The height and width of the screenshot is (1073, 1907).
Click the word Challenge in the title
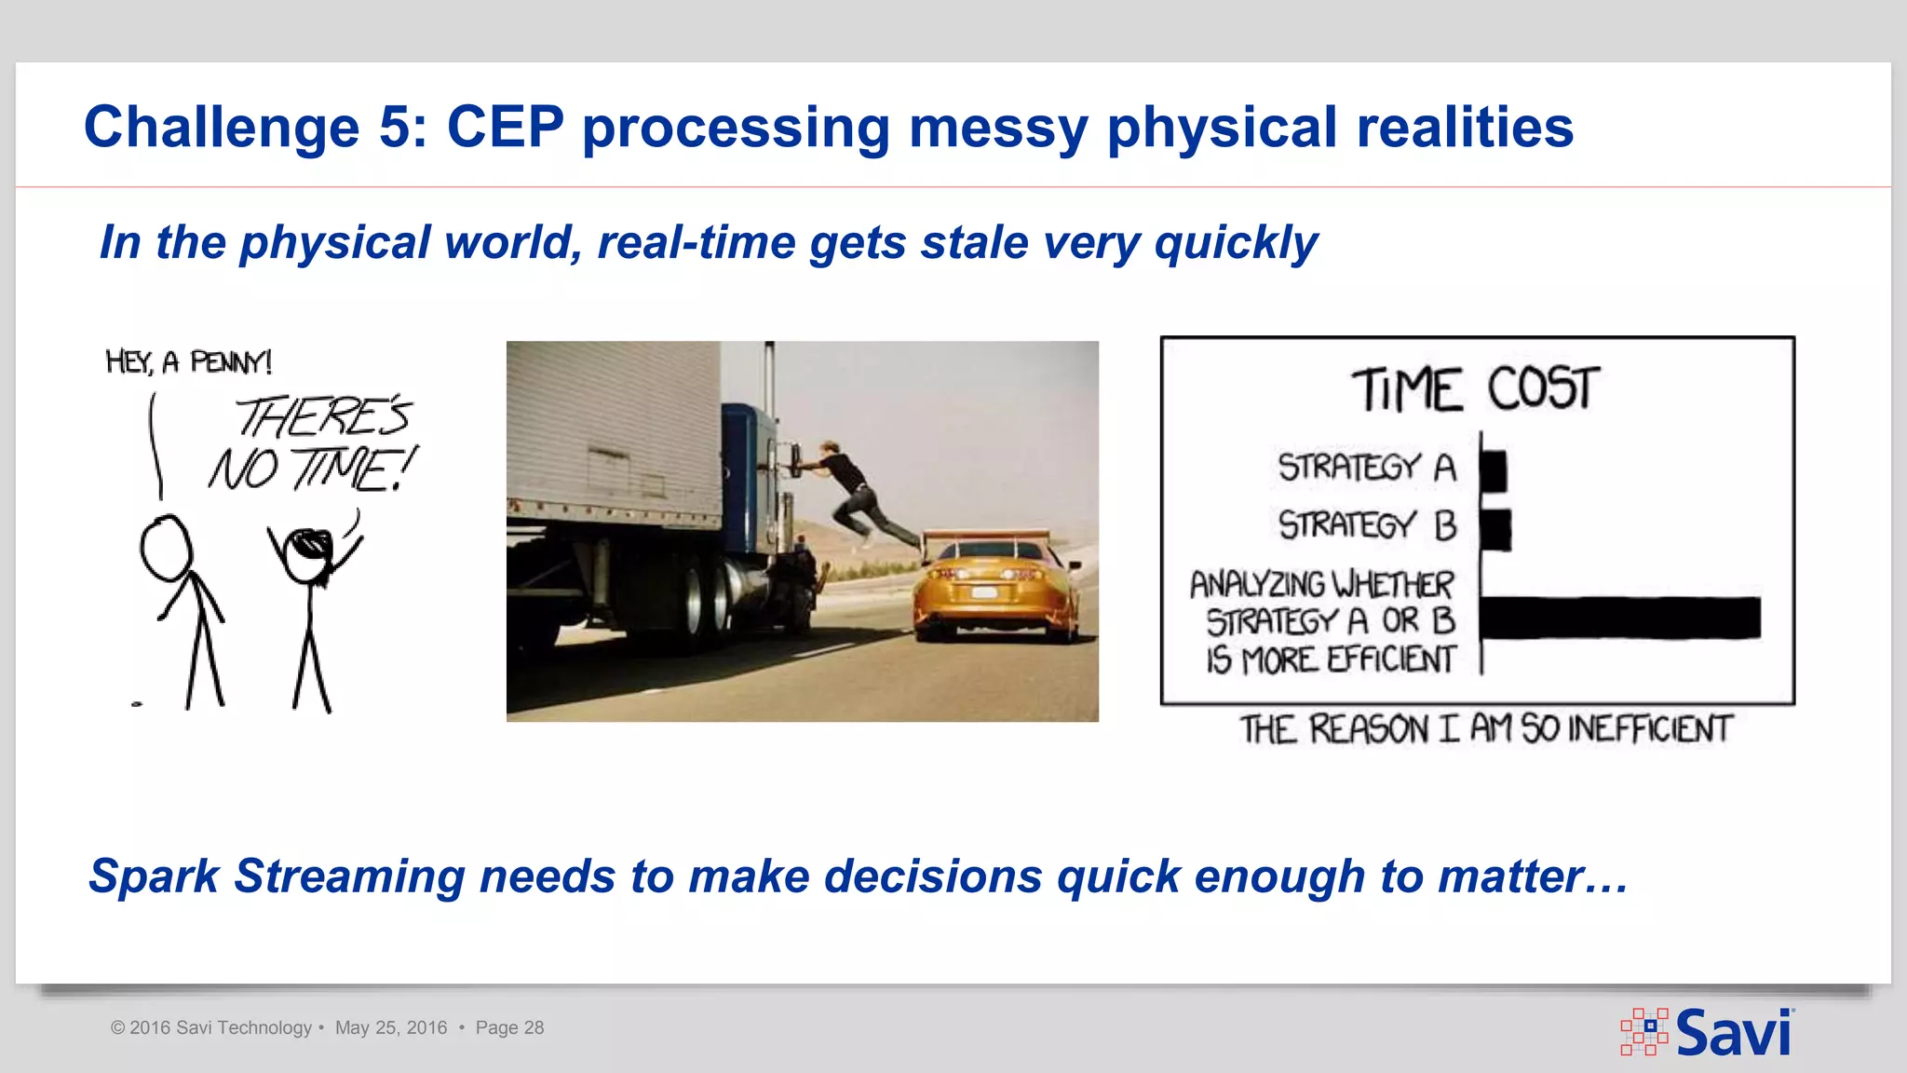click(222, 128)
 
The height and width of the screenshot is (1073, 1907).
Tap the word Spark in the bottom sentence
click(154, 876)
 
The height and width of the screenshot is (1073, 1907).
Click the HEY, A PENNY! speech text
click(189, 361)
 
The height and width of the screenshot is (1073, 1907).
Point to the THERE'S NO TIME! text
click(315, 443)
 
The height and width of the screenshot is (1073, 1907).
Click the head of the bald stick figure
click(166, 549)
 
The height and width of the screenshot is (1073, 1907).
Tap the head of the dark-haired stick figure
click(306, 554)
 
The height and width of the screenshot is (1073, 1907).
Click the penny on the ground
click(137, 704)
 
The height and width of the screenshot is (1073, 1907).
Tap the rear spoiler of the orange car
click(996, 536)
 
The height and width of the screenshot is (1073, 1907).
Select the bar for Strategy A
click(1494, 470)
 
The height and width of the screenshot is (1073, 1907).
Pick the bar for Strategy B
click(1495, 529)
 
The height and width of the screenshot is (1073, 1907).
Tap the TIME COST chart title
click(1475, 389)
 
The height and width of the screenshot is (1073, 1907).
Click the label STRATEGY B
click(1366, 525)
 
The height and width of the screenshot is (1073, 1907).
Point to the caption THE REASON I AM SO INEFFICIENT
click(1485, 729)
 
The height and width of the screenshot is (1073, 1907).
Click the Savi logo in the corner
click(1708, 1032)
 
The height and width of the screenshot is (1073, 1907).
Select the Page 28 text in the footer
click(509, 1028)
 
